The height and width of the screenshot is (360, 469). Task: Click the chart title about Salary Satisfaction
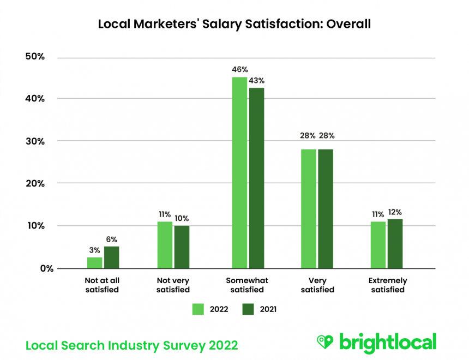[234, 24]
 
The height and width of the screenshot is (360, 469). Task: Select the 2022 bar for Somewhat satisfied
[239, 172]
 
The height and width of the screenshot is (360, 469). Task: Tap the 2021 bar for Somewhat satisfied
[256, 178]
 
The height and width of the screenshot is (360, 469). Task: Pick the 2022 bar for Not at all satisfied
[94, 263]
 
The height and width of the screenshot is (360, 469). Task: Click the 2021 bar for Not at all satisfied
[111, 257]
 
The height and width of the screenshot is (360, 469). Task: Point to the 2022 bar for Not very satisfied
[165, 245]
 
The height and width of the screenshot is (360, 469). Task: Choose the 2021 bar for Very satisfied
[326, 208]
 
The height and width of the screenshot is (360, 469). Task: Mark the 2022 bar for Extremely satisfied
[378, 245]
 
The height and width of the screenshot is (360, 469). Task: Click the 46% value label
[240, 70]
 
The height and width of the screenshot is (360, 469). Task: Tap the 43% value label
[256, 81]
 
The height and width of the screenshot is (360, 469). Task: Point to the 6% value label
[112, 239]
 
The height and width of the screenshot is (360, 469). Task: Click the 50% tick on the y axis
[34, 57]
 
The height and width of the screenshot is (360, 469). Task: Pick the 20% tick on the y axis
[34, 183]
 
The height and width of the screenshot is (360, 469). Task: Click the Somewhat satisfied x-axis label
[247, 285]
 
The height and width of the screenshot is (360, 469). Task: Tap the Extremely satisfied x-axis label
[388, 285]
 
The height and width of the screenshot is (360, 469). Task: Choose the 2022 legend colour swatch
[198, 309]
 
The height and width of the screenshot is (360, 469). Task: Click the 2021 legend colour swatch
[248, 309]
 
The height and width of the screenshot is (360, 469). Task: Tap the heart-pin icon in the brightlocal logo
[326, 342]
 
